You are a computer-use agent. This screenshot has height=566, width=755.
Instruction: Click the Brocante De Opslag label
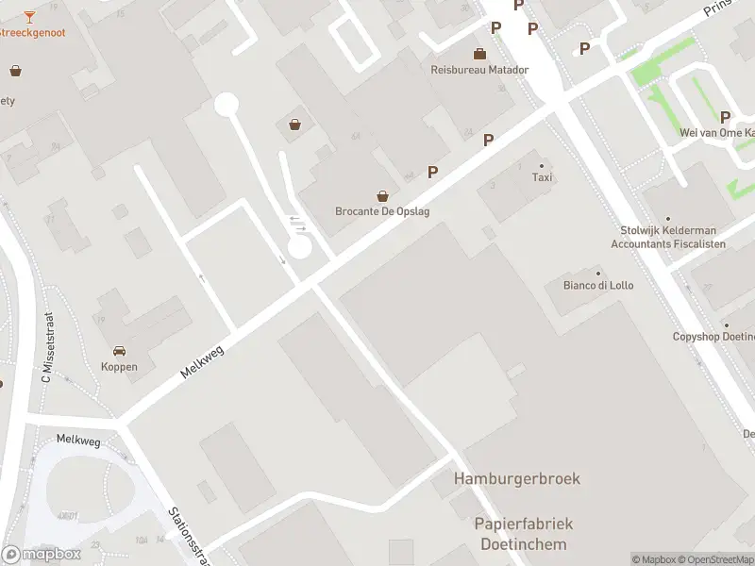(382, 211)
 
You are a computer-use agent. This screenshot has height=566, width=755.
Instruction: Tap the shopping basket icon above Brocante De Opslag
(383, 196)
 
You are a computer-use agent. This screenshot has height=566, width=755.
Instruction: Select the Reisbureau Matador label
(479, 70)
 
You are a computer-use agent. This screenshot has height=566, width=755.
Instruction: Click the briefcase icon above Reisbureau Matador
(480, 54)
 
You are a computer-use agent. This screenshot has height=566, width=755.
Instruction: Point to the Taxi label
(542, 177)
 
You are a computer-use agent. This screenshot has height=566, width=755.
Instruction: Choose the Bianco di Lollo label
(598, 285)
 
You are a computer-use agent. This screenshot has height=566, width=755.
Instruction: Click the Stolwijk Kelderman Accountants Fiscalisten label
(668, 237)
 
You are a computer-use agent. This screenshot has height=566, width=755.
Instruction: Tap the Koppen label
(120, 367)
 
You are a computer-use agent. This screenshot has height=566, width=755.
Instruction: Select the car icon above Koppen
(120, 351)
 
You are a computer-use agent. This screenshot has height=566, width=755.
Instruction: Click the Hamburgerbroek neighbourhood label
(517, 478)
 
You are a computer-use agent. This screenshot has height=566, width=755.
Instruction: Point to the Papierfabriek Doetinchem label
(524, 534)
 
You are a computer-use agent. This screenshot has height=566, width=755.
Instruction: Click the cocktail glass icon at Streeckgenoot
(29, 16)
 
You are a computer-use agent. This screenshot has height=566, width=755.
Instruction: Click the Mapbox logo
(41, 554)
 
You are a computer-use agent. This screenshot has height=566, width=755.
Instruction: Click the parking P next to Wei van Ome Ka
(726, 117)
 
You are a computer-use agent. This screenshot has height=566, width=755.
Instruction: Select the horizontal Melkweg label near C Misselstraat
(77, 439)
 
